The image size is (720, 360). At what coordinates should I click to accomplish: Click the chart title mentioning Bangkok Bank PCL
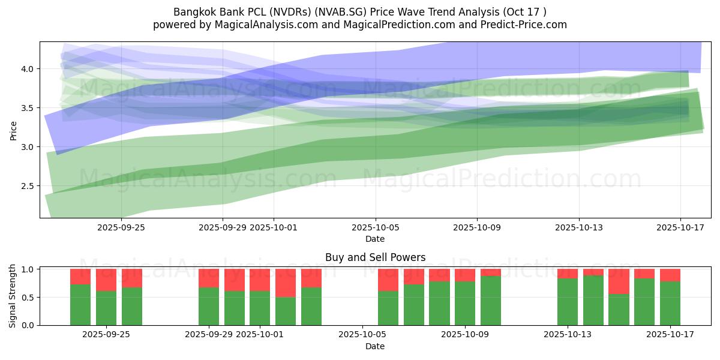coord(360,12)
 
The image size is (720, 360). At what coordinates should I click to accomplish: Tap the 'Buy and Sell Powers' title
coord(375,257)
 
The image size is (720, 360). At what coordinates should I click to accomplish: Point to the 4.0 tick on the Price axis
coord(28,69)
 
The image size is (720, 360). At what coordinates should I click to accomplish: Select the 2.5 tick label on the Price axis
coord(28,186)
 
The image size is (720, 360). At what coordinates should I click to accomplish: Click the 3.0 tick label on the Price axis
coord(28,147)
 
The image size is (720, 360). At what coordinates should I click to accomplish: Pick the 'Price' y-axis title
coord(13,130)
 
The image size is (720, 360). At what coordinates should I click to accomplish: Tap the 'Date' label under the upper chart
coord(375,239)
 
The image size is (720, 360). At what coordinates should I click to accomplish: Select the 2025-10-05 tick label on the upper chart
coord(376,227)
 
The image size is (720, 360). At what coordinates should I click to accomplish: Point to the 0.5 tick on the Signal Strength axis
coord(28,297)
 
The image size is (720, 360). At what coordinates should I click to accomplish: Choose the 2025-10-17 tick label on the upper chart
coord(680,227)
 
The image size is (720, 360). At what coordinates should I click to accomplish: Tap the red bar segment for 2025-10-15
coord(619,281)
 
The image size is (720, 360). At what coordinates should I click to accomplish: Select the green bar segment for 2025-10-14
coord(593,300)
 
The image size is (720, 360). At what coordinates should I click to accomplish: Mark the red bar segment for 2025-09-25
coord(106,280)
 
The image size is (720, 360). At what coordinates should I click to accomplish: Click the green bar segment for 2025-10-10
coord(491,301)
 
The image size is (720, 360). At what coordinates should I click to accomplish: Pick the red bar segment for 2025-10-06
coord(388,280)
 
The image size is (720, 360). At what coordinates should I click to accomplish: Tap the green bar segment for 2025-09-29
coord(209,306)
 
